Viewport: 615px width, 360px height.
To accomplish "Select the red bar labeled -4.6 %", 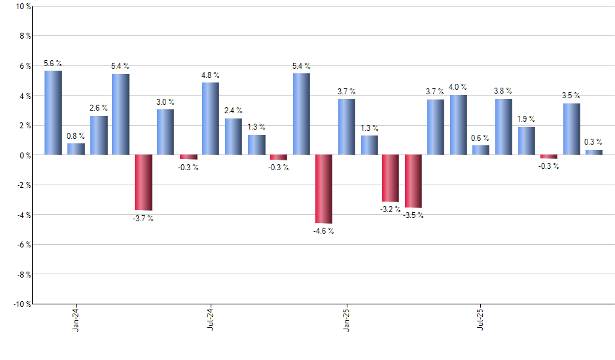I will pyautogui.click(x=324, y=189).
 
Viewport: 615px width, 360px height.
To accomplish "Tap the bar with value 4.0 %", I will pyautogui.click(x=459, y=125).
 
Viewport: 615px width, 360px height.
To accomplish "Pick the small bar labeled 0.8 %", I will pyautogui.click(x=76, y=149).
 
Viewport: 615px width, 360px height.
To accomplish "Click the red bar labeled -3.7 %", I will pyautogui.click(x=143, y=183).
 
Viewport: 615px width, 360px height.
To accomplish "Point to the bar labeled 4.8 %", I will pyautogui.click(x=211, y=118).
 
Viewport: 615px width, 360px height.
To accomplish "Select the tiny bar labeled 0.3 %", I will pyautogui.click(x=594, y=153).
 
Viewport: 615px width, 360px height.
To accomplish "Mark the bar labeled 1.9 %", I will pyautogui.click(x=527, y=141).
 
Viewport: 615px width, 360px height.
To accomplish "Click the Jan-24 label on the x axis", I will pyautogui.click(x=76, y=318).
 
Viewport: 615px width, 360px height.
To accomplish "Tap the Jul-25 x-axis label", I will pyautogui.click(x=482, y=318).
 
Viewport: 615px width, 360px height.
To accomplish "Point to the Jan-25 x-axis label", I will pyautogui.click(x=346, y=318).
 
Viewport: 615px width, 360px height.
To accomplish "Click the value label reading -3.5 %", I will pyautogui.click(x=413, y=215).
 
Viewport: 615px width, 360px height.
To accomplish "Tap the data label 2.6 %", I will pyautogui.click(x=99, y=107).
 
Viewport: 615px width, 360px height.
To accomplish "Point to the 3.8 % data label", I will pyautogui.click(x=503, y=91).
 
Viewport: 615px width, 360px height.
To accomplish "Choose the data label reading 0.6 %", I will pyautogui.click(x=481, y=137).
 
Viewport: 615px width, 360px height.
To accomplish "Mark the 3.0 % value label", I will pyautogui.click(x=166, y=101).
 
